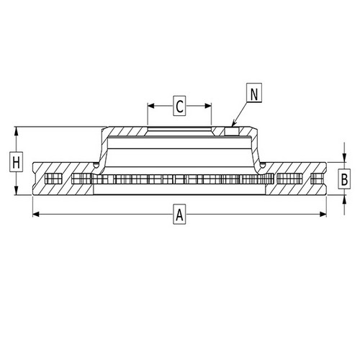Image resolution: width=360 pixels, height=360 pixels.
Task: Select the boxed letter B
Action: [x=344, y=179]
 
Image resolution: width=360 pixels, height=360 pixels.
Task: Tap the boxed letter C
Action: [x=179, y=107]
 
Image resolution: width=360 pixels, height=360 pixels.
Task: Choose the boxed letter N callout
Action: [x=253, y=93]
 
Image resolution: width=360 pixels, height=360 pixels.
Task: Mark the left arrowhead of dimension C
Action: [x=150, y=107]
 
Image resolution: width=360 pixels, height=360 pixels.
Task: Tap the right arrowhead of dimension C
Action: [x=210, y=107]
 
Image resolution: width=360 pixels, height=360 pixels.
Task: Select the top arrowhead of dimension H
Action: [x=15, y=130]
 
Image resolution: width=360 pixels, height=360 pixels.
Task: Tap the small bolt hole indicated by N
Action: [x=230, y=131]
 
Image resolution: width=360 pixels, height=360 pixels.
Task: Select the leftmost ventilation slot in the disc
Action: [x=53, y=179]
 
